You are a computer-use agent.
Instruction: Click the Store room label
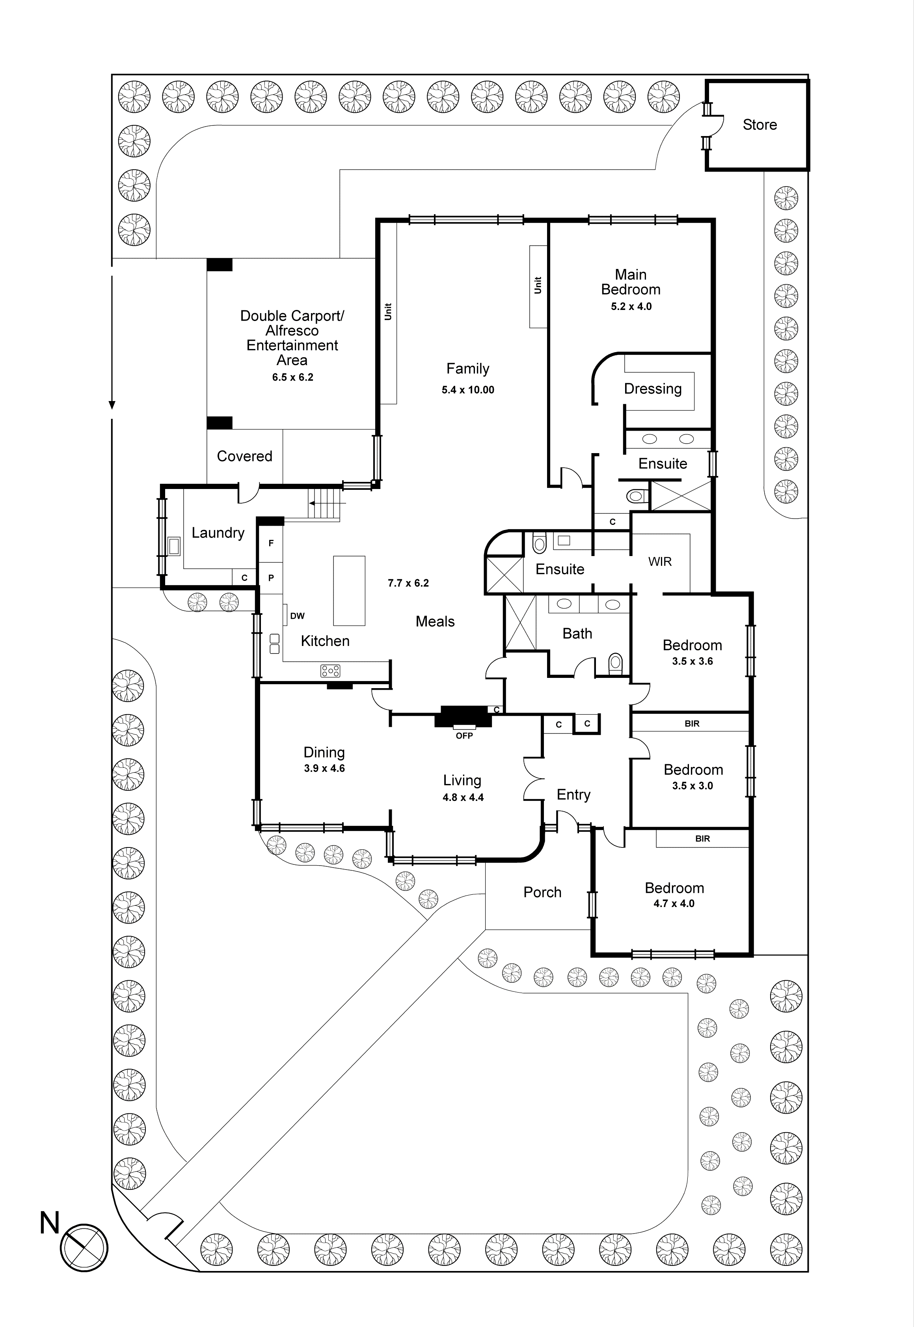(759, 125)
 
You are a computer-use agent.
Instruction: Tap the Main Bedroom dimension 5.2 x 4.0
(631, 306)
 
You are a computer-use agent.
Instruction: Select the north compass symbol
(84, 1248)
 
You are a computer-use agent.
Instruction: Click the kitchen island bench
(349, 590)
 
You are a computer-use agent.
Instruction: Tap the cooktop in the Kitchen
(330, 670)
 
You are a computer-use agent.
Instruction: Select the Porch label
(542, 892)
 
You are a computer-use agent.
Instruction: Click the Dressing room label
(652, 389)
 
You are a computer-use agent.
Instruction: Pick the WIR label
(660, 562)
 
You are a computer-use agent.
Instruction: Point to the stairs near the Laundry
(325, 504)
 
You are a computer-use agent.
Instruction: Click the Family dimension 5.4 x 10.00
(467, 390)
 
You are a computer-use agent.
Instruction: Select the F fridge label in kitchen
(271, 543)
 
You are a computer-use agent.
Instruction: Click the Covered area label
(244, 456)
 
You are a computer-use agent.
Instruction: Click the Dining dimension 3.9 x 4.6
(324, 768)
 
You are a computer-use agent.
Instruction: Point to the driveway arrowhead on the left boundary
(112, 405)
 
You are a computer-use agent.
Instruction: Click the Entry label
(573, 795)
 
